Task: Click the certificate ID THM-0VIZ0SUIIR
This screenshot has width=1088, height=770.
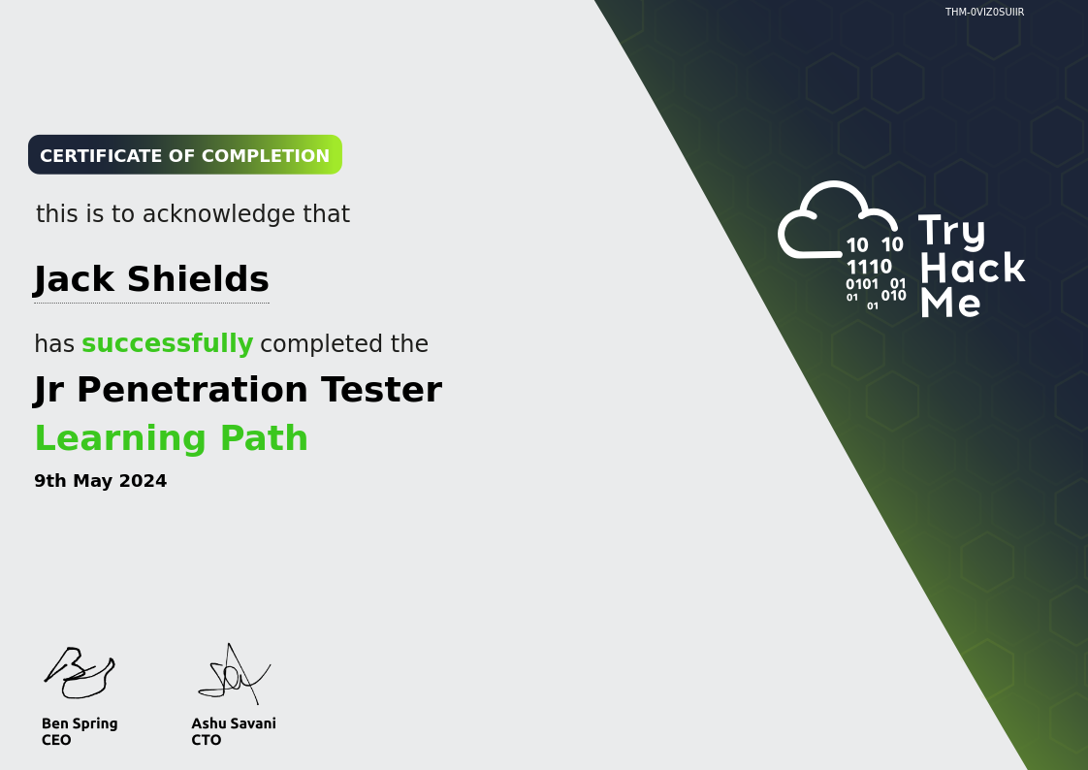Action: pos(984,12)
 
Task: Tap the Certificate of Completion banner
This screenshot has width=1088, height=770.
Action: pos(185,155)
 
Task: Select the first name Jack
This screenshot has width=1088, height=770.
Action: pos(75,279)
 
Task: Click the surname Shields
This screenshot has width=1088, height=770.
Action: pos(199,279)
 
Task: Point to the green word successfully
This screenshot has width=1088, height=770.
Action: pos(167,343)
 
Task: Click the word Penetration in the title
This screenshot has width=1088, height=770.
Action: pos(192,389)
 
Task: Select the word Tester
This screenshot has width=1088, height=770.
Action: pos(381,389)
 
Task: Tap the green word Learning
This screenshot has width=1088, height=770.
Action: pos(121,438)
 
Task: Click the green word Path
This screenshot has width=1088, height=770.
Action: pos(264,437)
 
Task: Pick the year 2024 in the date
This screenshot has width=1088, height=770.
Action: pos(143,481)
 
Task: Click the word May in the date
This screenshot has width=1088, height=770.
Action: pos(92,481)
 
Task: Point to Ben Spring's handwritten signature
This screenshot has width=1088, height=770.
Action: pos(80,672)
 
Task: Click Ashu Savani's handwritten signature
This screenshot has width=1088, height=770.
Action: pos(235,674)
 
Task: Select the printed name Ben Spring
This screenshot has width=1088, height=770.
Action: pos(80,724)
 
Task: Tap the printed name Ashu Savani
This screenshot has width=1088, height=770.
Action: pos(234,723)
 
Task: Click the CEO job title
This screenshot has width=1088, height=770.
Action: pos(56,740)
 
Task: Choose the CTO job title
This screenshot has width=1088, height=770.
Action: pos(207,740)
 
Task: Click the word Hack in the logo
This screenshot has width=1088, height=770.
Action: pos(973,267)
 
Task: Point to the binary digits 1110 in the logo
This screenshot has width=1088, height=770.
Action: pos(869,267)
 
